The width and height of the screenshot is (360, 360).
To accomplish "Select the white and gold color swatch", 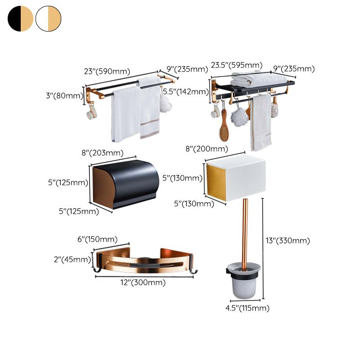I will coord(48,18).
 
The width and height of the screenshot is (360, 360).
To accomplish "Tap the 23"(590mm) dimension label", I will coord(107,71).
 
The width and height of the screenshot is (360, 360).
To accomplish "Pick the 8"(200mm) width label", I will coord(207,149).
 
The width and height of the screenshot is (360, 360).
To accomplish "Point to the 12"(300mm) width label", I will coord(143,283).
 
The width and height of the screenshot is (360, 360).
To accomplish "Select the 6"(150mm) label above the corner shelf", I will coord(97,239).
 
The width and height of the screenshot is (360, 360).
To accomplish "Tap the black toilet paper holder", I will coord(126,184).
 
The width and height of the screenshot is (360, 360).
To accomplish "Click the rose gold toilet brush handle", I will coord(245,234).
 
